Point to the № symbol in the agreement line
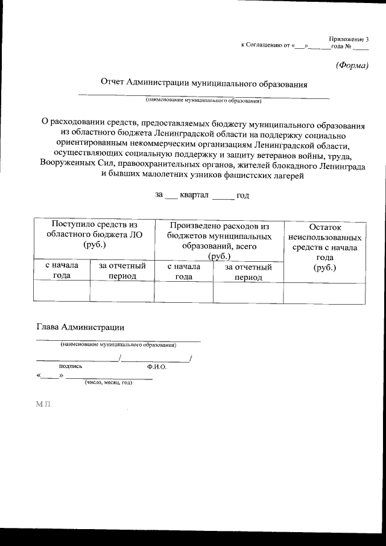point(347,45)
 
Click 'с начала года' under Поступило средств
point(62,271)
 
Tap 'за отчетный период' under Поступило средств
point(122,271)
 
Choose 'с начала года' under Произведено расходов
point(184,271)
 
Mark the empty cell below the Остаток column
point(324,292)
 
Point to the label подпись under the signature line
point(70,366)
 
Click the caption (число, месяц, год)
point(108,383)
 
